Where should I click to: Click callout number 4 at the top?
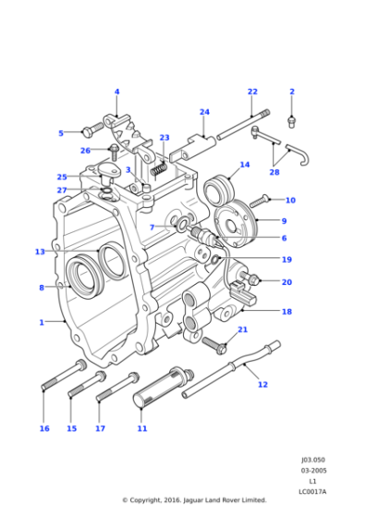[116, 92]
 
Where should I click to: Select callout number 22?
[252, 92]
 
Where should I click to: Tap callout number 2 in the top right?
[292, 92]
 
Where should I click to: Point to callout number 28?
[274, 172]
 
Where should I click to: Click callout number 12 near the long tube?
[262, 384]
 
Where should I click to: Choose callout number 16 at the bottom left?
[43, 428]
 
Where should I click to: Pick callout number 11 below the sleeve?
[141, 428]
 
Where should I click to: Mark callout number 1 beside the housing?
[41, 322]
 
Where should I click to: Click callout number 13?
[40, 252]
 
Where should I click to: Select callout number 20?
[287, 282]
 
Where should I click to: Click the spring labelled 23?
[158, 170]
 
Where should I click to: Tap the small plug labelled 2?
[291, 120]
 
